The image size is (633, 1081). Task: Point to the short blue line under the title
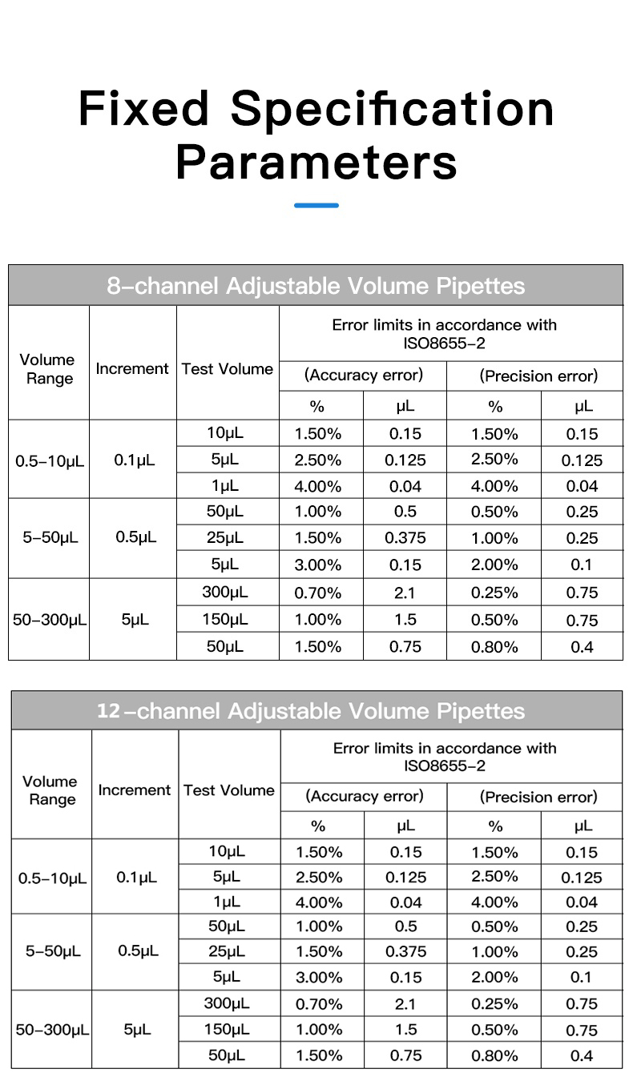(316, 206)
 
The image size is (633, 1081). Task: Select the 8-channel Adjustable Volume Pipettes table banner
(316, 286)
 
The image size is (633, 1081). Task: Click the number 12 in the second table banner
(108, 711)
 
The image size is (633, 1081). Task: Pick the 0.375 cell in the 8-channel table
(405, 538)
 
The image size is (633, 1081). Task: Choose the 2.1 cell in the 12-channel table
(405, 1003)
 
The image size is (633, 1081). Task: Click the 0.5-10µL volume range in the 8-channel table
(50, 461)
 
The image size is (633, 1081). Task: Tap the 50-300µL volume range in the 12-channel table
(52, 1030)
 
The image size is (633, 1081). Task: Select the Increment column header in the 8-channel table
(132, 369)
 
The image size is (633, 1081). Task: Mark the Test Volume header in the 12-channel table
(229, 790)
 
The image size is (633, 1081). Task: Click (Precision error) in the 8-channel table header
(538, 376)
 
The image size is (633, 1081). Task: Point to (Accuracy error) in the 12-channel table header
(365, 796)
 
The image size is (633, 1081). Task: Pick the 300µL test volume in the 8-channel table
(226, 593)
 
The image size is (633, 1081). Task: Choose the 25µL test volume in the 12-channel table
(228, 951)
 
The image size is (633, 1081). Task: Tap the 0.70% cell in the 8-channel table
(318, 593)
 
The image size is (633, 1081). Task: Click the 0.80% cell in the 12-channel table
(494, 1055)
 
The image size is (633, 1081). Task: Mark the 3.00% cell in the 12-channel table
(319, 977)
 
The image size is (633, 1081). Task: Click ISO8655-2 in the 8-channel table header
(445, 344)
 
